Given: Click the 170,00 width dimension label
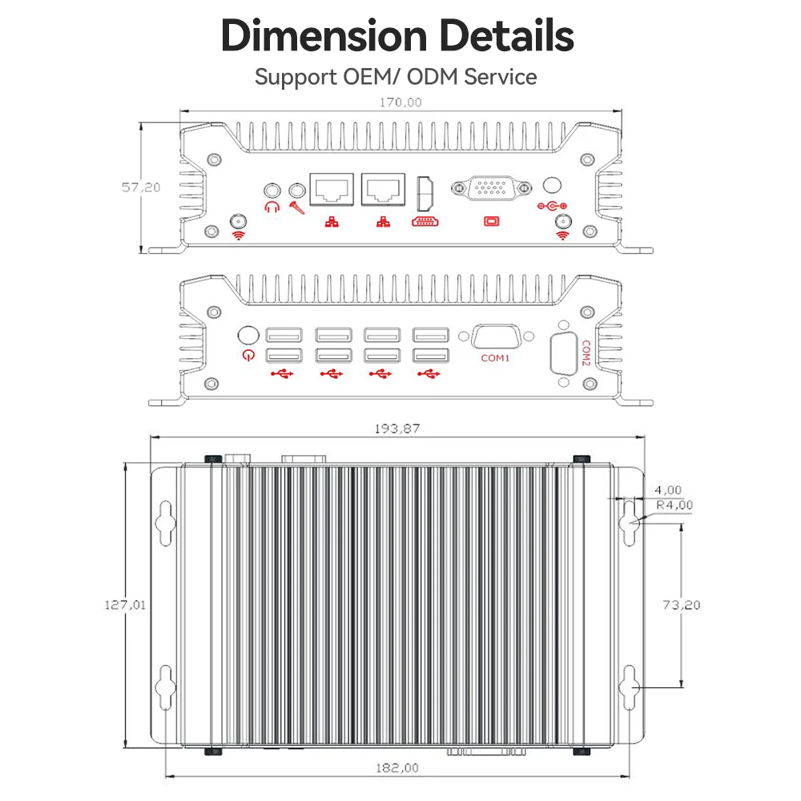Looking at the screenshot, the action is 400,103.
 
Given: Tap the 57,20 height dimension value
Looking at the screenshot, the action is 141,187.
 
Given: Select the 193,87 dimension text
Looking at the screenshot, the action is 397,429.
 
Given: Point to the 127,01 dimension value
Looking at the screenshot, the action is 125,605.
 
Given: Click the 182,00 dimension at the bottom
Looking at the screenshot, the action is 397,768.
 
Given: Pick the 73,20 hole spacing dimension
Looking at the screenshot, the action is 682,605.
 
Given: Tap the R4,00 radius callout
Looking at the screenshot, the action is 674,505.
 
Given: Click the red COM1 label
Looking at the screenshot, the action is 495,358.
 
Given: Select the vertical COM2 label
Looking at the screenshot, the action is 586,353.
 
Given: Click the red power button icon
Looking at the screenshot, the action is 248,355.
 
